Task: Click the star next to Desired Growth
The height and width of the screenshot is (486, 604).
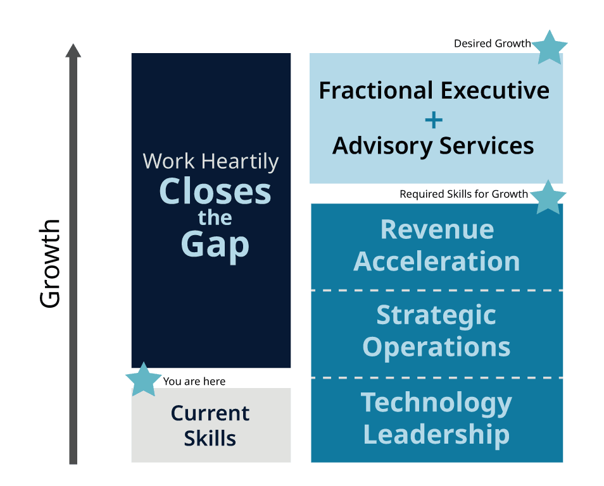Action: click(x=550, y=47)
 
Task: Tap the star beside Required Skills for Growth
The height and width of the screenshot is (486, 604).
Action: click(x=548, y=198)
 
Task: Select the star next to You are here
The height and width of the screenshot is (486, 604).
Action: click(x=144, y=379)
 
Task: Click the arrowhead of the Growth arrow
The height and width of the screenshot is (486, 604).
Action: click(x=73, y=51)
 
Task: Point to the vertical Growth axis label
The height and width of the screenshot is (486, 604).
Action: click(x=50, y=264)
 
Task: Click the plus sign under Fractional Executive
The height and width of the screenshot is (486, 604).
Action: click(x=434, y=120)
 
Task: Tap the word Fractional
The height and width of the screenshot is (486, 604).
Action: click(x=376, y=91)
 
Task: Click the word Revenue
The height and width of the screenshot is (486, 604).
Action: click(x=437, y=230)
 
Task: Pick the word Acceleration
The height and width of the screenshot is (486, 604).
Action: click(x=437, y=262)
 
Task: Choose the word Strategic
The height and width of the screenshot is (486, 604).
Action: click(x=436, y=316)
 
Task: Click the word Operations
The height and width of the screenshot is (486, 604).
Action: click(x=436, y=348)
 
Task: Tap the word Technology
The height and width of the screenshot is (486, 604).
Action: click(x=436, y=403)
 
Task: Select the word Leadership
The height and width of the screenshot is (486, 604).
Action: click(x=436, y=435)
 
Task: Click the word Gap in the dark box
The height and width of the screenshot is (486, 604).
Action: click(x=215, y=245)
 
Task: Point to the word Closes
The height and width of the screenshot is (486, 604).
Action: click(x=215, y=191)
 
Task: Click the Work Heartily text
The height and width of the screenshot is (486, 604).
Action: click(x=211, y=162)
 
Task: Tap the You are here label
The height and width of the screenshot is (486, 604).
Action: click(x=194, y=382)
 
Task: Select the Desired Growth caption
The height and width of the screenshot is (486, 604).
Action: click(x=493, y=44)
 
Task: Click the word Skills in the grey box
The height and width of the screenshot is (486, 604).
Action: click(x=210, y=439)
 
